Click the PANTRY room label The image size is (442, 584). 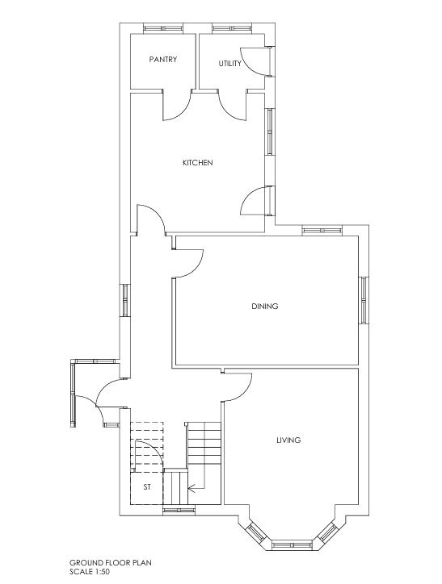(x=163, y=59)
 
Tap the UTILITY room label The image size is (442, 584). (x=229, y=64)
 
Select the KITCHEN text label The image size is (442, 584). (x=198, y=163)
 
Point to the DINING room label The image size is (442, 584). (x=265, y=307)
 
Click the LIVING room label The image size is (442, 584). (x=288, y=440)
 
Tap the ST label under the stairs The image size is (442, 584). (x=147, y=486)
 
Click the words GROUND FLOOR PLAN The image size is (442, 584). (x=111, y=562)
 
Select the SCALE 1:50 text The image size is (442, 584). (x=90, y=571)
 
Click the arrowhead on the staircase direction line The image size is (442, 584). (x=192, y=487)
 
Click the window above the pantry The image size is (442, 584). (x=163, y=28)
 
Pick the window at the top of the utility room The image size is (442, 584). (x=232, y=28)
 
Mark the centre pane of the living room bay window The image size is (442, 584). (x=292, y=545)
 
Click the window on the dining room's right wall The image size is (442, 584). (x=364, y=300)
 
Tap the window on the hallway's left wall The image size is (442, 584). (x=125, y=300)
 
